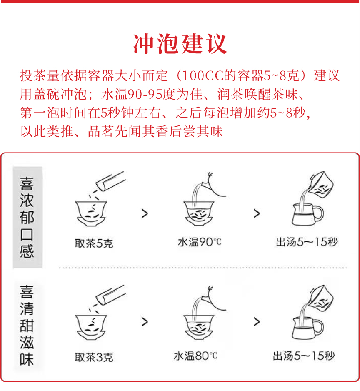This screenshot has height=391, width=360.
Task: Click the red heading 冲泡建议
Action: (180, 44)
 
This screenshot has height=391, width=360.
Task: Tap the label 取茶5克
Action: (94, 243)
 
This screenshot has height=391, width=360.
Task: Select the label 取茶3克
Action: (94, 358)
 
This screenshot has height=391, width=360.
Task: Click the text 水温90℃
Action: (200, 242)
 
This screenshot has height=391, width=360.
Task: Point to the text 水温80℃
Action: (195, 356)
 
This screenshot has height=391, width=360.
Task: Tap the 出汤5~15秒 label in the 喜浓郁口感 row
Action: (307, 242)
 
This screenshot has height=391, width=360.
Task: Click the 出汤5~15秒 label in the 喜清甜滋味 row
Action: (304, 356)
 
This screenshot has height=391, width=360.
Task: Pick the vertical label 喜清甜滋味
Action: (27, 326)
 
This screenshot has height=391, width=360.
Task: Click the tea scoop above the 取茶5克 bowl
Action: (111, 181)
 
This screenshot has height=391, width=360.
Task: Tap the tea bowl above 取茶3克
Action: (91, 327)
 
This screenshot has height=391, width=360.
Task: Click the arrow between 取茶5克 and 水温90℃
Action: (145, 213)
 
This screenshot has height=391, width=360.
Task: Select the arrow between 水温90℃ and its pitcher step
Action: (257, 213)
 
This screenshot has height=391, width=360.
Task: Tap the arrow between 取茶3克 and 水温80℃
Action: (145, 322)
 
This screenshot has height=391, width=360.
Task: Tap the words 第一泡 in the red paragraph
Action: (40, 113)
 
